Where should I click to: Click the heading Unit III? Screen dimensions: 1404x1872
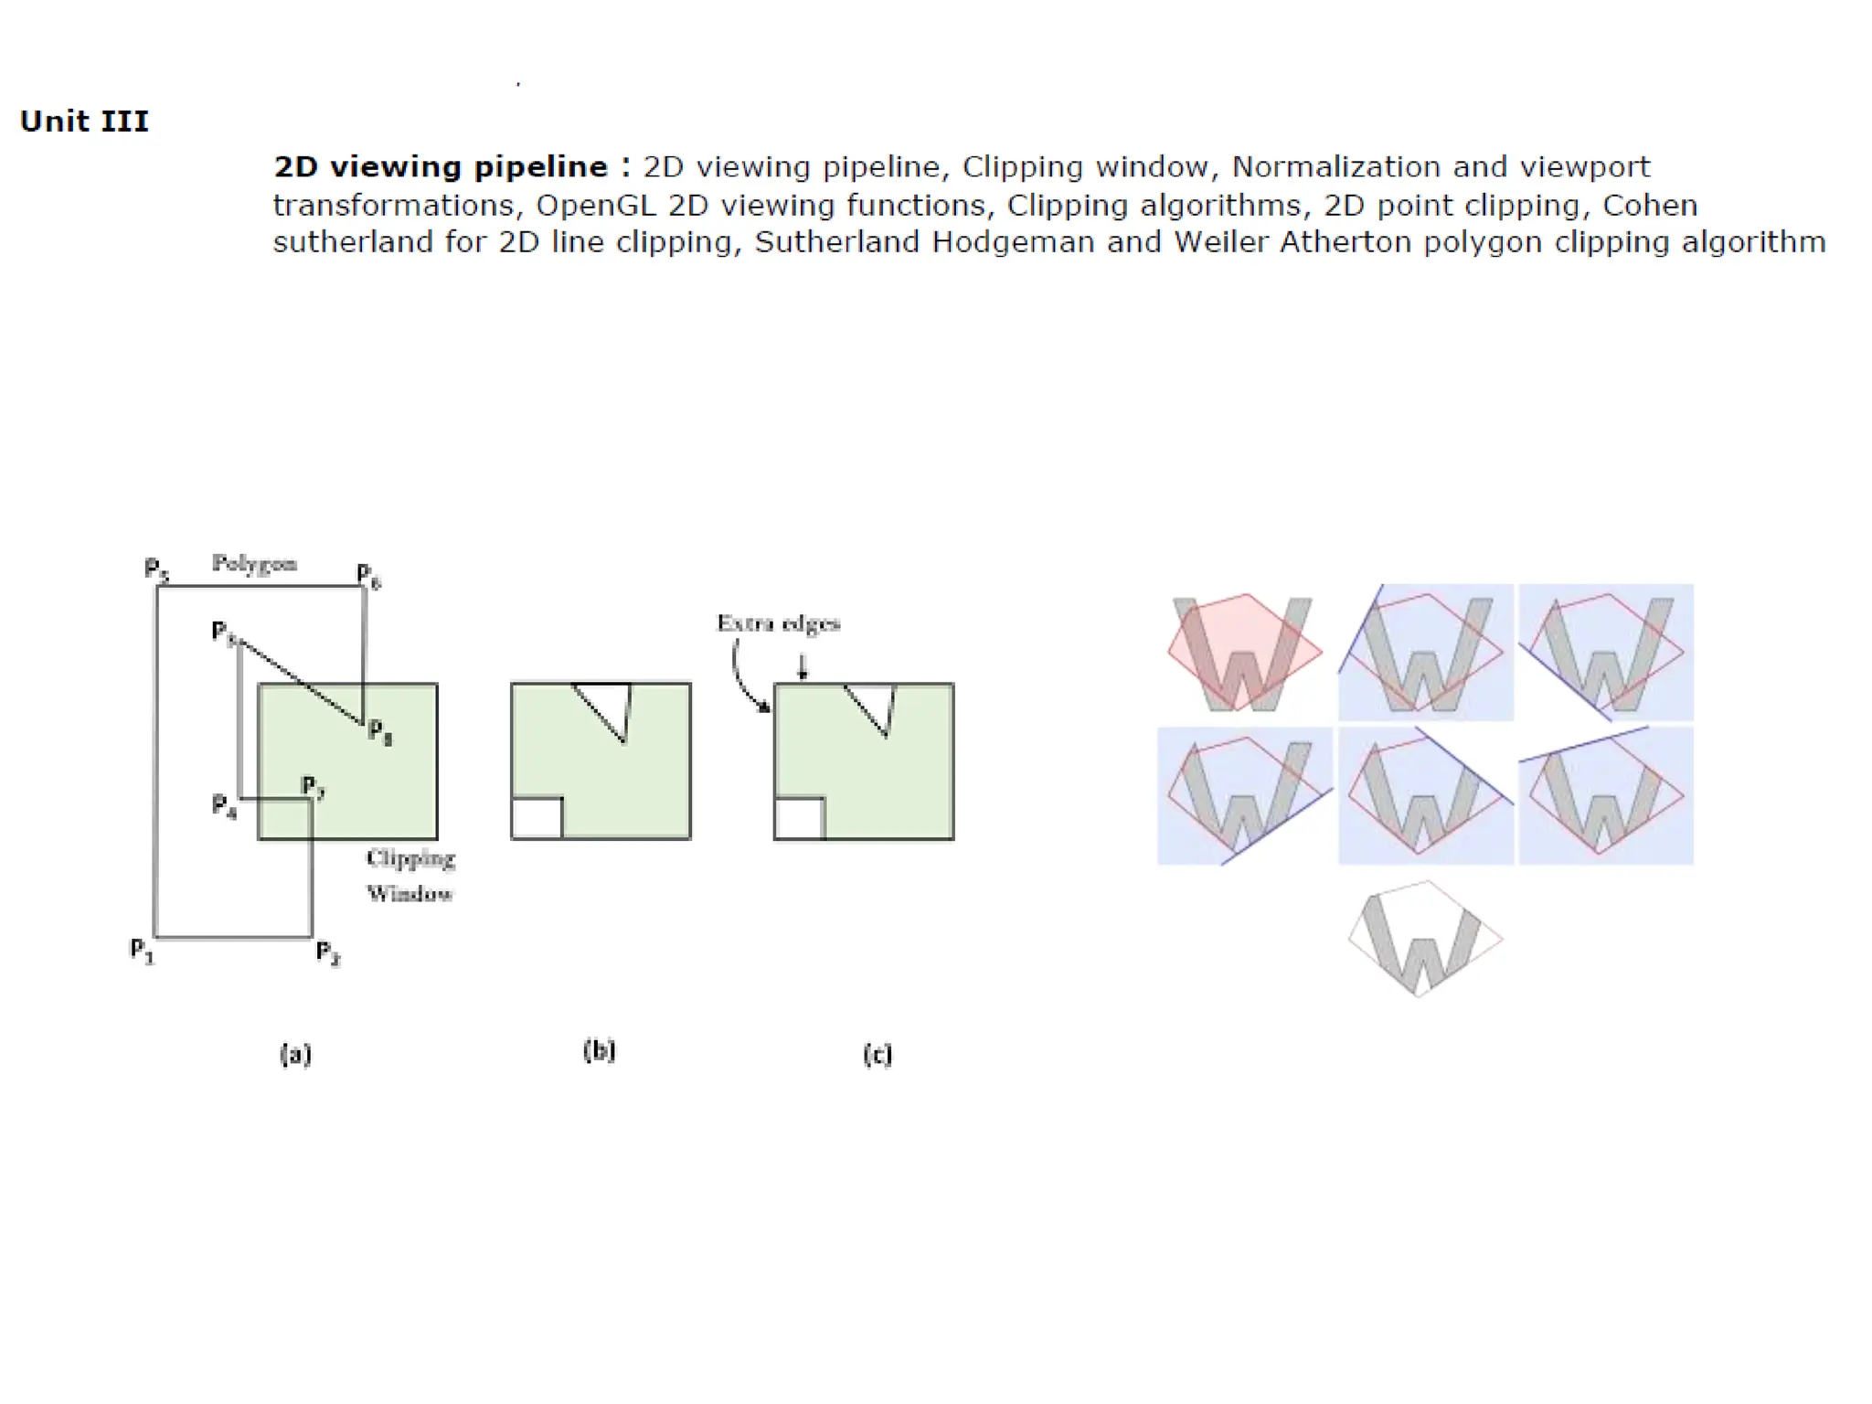(x=84, y=121)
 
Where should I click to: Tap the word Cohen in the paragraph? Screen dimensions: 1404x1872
(x=1650, y=205)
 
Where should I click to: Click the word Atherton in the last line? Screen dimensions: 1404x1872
(x=1344, y=242)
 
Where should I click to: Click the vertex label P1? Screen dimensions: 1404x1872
(x=142, y=951)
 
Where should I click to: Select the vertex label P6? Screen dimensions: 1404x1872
(x=368, y=576)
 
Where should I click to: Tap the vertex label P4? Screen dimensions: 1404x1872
(x=224, y=806)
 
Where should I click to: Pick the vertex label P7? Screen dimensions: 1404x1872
(x=314, y=787)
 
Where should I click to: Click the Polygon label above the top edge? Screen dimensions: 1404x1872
(x=254, y=563)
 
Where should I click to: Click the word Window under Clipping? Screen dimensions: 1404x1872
(x=409, y=893)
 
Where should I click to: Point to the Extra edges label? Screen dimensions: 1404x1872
(x=778, y=623)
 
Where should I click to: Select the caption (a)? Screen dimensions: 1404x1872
(x=295, y=1054)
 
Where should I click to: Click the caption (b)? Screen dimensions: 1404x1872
(x=599, y=1050)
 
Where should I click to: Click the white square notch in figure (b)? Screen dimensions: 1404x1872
(x=537, y=818)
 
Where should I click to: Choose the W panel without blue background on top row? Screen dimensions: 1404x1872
(x=1244, y=653)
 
